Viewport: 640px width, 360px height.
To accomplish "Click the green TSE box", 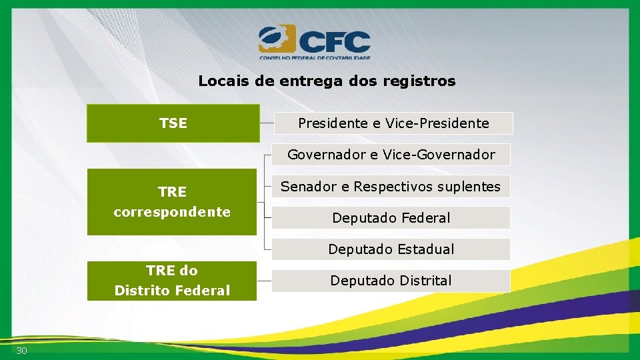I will (173, 123).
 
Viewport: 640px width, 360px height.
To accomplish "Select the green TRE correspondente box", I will (172, 202).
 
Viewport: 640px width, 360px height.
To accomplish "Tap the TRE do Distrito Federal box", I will (172, 281).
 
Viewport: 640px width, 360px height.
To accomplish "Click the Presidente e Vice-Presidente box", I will (393, 123).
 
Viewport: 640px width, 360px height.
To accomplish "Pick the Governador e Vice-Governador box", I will (391, 155).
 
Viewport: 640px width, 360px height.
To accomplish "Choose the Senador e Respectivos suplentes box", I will (391, 187).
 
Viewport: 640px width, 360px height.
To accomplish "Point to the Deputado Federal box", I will (391, 218).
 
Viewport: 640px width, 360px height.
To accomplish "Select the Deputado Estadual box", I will (391, 249).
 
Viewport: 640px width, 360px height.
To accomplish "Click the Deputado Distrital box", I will (391, 281).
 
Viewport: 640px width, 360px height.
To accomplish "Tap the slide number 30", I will (21, 351).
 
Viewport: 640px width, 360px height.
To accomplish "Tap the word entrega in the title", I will (307, 81).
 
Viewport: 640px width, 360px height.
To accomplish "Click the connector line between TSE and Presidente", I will (266, 123).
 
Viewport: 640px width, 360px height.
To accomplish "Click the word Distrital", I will (421, 281).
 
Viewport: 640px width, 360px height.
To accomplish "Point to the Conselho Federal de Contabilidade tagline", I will (315, 57).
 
